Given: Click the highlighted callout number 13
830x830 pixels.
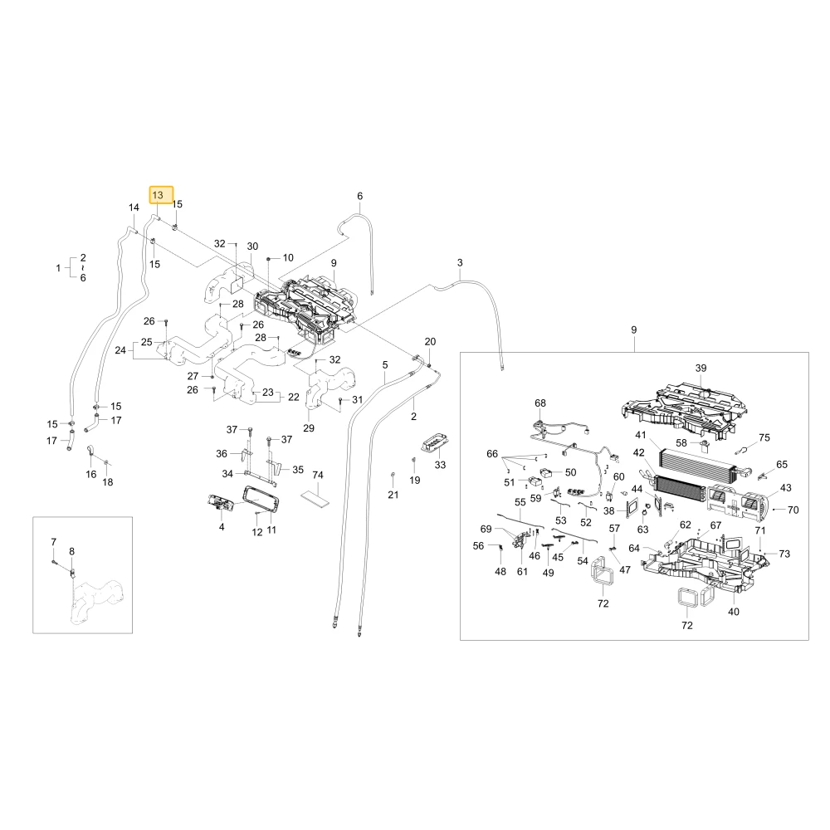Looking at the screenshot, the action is [x=158, y=195].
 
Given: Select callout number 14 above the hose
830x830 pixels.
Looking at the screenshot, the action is [x=134, y=207].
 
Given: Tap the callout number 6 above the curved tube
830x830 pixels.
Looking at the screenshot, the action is [x=360, y=196].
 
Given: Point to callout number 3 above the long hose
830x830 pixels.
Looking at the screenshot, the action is [x=460, y=262].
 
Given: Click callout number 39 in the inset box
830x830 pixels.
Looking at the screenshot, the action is [x=701, y=368].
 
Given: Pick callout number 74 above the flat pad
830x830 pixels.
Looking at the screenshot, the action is [x=318, y=475].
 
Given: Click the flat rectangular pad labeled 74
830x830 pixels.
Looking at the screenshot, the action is [x=315, y=497].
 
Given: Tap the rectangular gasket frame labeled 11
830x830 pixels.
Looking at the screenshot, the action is [x=261, y=499].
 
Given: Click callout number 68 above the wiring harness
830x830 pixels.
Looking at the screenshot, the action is [x=540, y=403].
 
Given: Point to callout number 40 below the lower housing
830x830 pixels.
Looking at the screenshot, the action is [x=734, y=612].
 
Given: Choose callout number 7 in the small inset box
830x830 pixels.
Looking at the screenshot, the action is [x=53, y=541].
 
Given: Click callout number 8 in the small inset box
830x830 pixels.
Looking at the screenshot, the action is [x=72, y=551].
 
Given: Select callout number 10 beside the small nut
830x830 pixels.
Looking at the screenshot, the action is [x=288, y=258].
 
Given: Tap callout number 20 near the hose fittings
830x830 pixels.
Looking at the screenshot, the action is [x=430, y=341].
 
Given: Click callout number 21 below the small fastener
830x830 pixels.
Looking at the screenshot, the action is [x=393, y=495].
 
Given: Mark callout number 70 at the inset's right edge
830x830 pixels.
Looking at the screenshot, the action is [x=793, y=510].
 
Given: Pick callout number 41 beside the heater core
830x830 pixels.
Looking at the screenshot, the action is [x=641, y=435].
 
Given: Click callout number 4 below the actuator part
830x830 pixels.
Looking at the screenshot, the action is [x=222, y=527].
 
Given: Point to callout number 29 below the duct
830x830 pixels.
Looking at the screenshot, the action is [x=309, y=427].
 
